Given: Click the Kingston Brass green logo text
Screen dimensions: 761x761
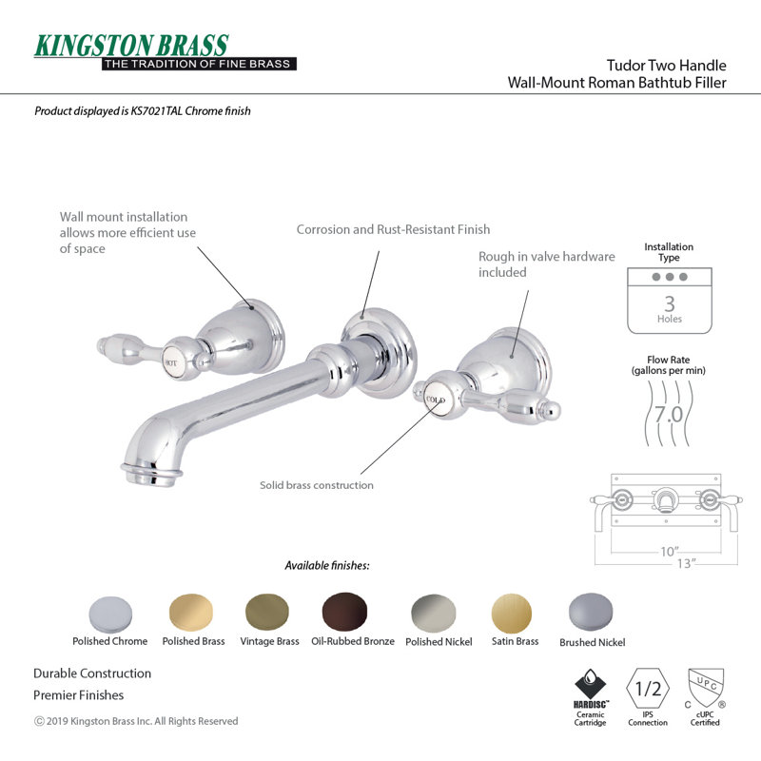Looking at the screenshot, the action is coord(131,46).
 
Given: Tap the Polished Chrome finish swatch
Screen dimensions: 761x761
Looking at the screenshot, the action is coord(110,615).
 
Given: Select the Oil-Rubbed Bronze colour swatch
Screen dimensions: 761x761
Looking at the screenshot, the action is coord(344,612).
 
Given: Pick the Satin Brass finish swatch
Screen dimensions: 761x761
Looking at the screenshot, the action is coord(512,613).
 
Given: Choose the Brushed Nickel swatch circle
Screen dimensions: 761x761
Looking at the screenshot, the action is coord(591,612).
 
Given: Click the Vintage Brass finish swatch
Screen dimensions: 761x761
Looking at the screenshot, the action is coord(267,613).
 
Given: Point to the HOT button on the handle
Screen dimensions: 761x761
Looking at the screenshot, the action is coord(172,362).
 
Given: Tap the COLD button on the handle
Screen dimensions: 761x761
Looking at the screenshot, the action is coord(435,400).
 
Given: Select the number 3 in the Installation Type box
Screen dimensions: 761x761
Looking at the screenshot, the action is coord(670,303).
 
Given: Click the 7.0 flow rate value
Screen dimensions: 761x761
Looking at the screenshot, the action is coord(669,415).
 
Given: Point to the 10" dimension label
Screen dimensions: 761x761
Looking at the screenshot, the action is coord(670,552).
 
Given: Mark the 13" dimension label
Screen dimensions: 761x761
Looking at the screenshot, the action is coord(686,563).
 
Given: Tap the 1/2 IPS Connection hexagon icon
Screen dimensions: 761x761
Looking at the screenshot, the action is coord(648,688).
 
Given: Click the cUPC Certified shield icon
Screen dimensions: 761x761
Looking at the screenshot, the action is coord(706,688).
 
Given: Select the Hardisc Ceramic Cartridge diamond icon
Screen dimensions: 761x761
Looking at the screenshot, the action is coord(590,684).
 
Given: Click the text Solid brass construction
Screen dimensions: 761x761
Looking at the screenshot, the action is coord(317,485).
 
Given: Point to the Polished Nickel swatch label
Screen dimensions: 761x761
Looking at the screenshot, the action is coord(439,641).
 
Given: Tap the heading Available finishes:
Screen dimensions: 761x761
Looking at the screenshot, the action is coord(327,565).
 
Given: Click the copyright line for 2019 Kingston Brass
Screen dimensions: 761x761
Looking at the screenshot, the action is coord(136,721).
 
